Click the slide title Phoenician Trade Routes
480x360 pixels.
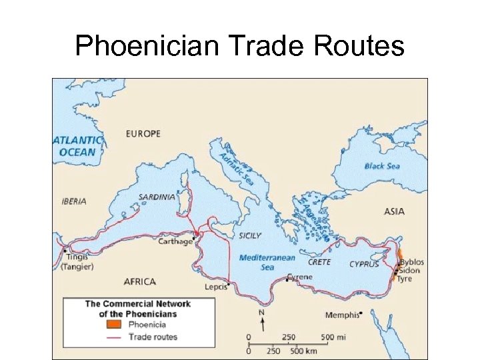pos(240,46)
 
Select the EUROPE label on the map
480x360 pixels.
pos(143,134)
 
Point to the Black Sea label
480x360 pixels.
pos(382,165)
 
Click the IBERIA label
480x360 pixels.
pos(73,201)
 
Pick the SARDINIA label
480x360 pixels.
pos(157,197)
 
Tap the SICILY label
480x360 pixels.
pos(250,235)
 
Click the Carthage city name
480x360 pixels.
pos(175,242)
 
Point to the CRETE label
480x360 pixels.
pos(319,262)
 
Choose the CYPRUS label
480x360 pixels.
pos(364,264)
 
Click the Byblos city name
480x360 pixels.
pos(411,262)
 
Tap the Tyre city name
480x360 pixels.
pos(405,279)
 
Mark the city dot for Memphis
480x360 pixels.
pos(360,313)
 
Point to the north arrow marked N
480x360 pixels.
pos(263,321)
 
